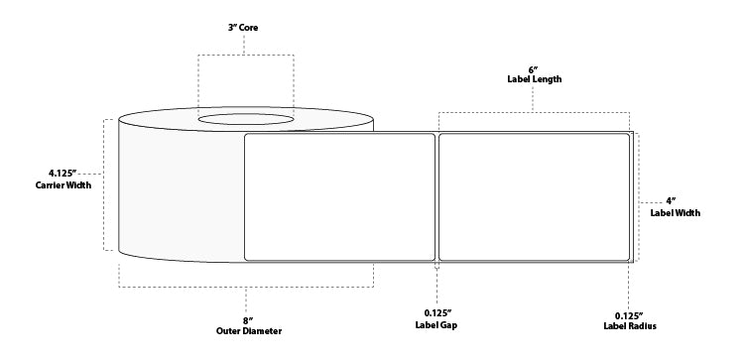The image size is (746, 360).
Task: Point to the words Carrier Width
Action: pyautogui.click(x=55, y=185)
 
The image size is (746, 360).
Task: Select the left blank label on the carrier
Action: pyautogui.click(x=339, y=196)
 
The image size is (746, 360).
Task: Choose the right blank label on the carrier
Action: pyautogui.click(x=534, y=196)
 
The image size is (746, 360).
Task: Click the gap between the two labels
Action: pyautogui.click(x=436, y=196)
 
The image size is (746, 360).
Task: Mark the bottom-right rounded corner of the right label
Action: pyautogui.click(x=627, y=257)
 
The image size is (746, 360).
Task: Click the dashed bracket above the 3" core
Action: pyautogui.click(x=245, y=56)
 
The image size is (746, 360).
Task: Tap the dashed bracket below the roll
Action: pyautogui.click(x=246, y=287)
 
